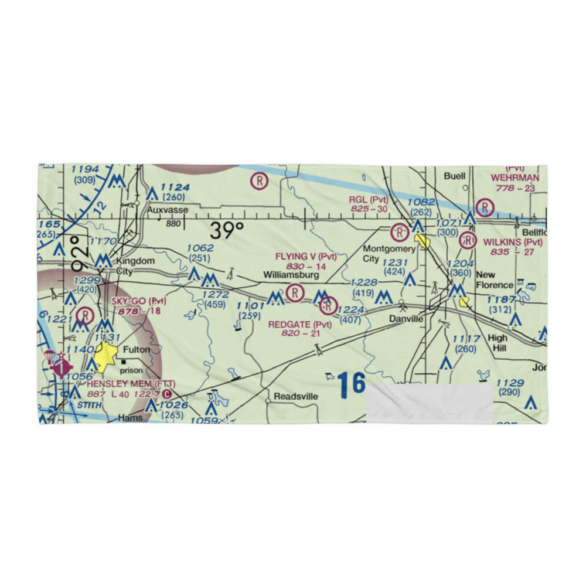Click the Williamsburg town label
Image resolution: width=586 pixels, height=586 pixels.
tap(291, 274)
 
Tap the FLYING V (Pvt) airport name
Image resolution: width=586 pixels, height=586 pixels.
tap(306, 256)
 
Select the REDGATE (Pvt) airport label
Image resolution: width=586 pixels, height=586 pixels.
tap(299, 324)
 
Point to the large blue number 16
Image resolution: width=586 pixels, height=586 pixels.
tap(351, 384)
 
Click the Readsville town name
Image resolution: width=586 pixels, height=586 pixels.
tap(295, 397)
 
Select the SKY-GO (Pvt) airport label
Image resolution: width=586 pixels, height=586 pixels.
tap(139, 301)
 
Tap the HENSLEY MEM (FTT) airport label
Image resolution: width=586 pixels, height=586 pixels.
tap(131, 384)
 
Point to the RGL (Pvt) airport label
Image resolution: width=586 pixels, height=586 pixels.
tap(369, 200)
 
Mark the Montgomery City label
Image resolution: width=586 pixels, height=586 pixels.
tap(388, 254)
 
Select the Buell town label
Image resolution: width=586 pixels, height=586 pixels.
tap(454, 176)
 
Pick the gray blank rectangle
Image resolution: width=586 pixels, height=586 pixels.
tap(429, 404)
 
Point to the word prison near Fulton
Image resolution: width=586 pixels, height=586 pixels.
tap(132, 370)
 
